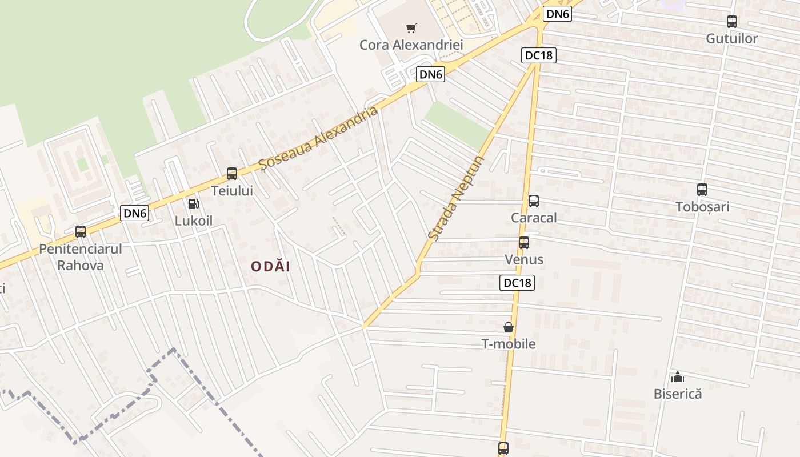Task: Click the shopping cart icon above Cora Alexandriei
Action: (x=411, y=28)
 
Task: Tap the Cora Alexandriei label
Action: (x=411, y=45)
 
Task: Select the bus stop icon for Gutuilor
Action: (x=731, y=22)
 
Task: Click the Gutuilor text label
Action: (x=731, y=39)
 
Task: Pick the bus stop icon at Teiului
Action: (x=231, y=174)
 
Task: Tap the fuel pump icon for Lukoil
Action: (x=194, y=203)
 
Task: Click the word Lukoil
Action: (x=194, y=221)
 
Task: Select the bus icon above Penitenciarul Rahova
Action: (x=81, y=232)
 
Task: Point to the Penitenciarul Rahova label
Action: (x=81, y=257)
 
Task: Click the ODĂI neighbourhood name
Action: (x=271, y=267)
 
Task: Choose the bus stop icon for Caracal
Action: (x=533, y=201)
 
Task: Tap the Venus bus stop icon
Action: (x=523, y=242)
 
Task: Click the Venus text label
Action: (x=523, y=260)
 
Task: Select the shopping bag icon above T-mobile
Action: (x=508, y=327)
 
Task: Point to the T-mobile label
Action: (x=508, y=344)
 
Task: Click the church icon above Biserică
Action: (x=677, y=377)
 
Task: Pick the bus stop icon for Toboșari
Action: (x=702, y=190)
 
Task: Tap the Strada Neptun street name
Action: (x=455, y=198)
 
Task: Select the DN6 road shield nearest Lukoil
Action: (x=135, y=214)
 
